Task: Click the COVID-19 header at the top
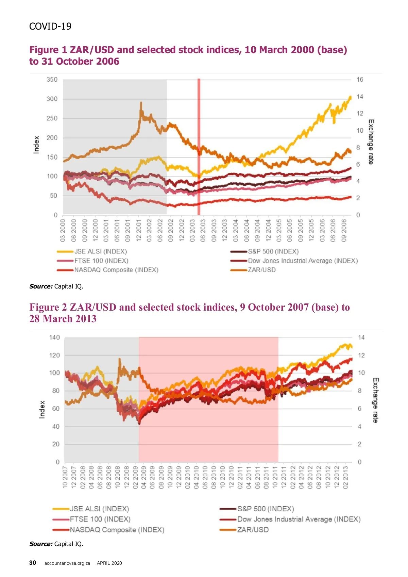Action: (x=50, y=27)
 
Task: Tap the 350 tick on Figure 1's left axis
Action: (x=52, y=80)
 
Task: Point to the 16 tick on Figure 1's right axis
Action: (x=360, y=80)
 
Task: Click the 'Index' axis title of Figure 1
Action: (x=36, y=145)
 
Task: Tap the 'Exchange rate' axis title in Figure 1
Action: (x=371, y=142)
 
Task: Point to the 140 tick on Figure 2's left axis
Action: (x=54, y=337)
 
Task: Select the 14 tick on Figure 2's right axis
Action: (x=361, y=337)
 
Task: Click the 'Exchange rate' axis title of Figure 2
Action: (x=375, y=400)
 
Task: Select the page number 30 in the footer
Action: (x=33, y=563)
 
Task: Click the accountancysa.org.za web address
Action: (x=67, y=563)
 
